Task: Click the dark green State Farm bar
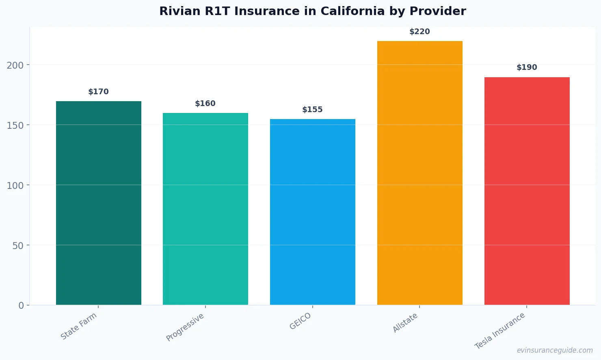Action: point(98,203)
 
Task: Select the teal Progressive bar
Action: point(205,209)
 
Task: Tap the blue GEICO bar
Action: point(312,212)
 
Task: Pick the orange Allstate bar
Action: point(419,173)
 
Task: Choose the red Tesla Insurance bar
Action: point(527,191)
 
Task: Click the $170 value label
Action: point(98,92)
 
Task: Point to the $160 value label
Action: point(205,104)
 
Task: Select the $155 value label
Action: point(312,110)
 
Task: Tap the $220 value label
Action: point(419,32)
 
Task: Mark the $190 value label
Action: point(527,67)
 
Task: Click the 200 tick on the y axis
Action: point(15,65)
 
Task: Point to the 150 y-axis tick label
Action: point(15,125)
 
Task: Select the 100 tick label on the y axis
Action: point(15,185)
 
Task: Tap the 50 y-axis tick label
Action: point(18,245)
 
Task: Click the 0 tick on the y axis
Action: point(21,306)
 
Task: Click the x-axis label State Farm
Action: point(79,326)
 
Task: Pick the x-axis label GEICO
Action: point(300,321)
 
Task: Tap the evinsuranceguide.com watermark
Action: point(555,350)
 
